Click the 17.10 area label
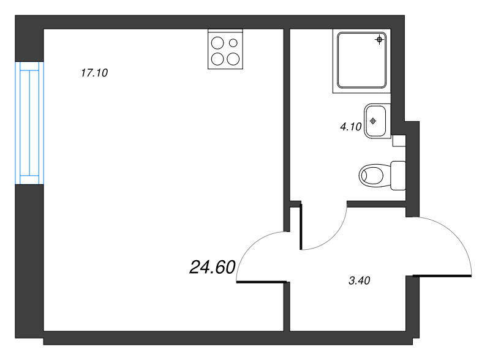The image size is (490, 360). (94, 73)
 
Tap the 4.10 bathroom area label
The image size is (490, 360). (351, 127)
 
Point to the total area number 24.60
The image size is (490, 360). (213, 267)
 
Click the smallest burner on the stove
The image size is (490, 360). (233, 43)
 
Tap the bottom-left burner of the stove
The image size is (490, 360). (217, 59)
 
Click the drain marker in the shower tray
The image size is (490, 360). (380, 40)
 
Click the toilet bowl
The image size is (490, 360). (372, 174)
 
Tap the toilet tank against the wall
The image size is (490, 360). (398, 174)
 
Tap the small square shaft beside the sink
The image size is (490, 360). (398, 141)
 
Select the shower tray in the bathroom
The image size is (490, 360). (362, 61)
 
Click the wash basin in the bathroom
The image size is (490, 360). (377, 121)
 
